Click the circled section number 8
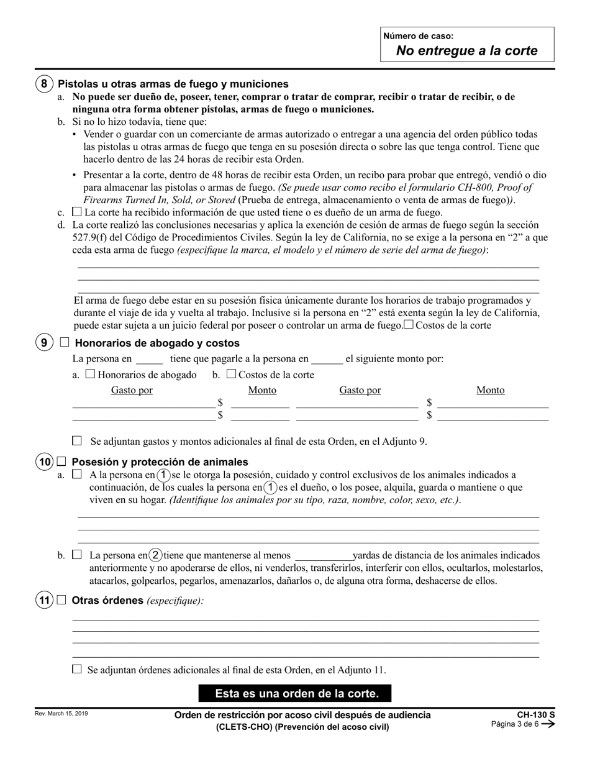[x=43, y=84]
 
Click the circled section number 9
[x=43, y=343]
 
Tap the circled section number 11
[x=43, y=601]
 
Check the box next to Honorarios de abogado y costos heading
[x=65, y=342]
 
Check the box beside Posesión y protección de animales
[x=61, y=462]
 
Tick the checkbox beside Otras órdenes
[x=61, y=600]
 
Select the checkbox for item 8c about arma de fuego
[x=77, y=212]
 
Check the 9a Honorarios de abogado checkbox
[x=90, y=374]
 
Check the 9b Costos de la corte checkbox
[x=231, y=374]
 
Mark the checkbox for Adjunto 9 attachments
[x=77, y=441]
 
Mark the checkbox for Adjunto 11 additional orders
[x=77, y=670]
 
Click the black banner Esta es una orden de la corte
[x=295, y=693]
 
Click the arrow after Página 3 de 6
[x=548, y=724]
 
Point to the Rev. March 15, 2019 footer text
[x=61, y=714]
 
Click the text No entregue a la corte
[x=467, y=51]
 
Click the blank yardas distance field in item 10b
[x=323, y=556]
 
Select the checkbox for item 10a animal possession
[x=77, y=474]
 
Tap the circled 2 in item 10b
[x=157, y=555]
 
